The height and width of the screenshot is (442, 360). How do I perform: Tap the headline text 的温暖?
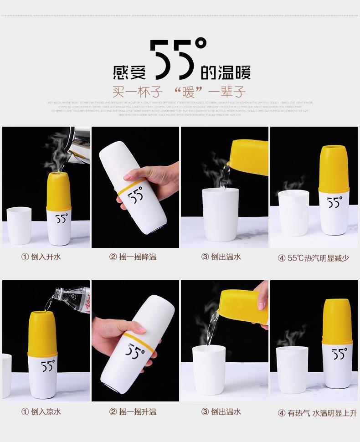225,72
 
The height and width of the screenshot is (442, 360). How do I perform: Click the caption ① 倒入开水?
41,257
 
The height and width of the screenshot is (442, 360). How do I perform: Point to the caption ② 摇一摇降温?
133,257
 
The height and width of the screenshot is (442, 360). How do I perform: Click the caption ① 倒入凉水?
41,412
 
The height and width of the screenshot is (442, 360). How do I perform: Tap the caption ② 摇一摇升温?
133,412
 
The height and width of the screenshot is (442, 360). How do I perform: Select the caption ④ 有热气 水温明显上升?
317,413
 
